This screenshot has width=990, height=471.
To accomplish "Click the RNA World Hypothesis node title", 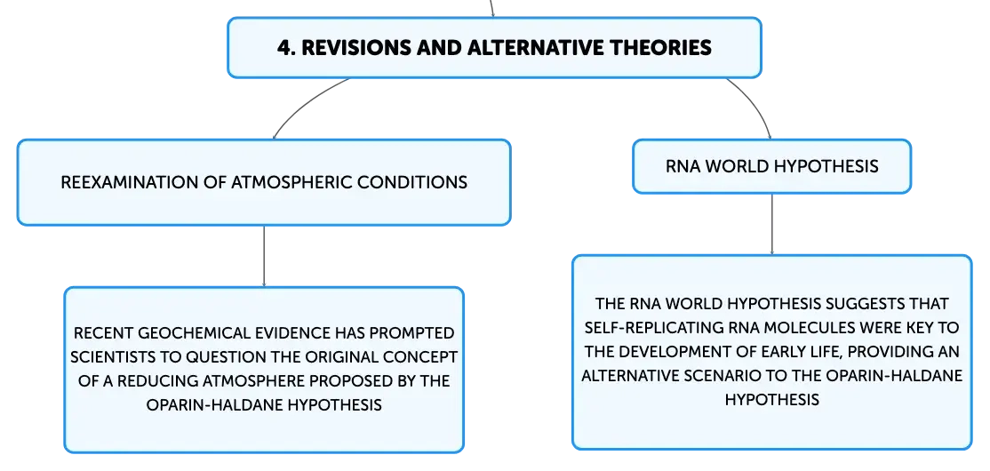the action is (x=771, y=166).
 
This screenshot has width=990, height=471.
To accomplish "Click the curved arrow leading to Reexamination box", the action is (x=308, y=103).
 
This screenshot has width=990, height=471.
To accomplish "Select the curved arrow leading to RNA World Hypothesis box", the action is (x=755, y=103).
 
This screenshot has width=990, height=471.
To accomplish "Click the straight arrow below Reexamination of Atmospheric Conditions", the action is (x=264, y=256).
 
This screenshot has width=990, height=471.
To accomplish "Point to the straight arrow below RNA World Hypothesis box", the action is (x=771, y=224).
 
